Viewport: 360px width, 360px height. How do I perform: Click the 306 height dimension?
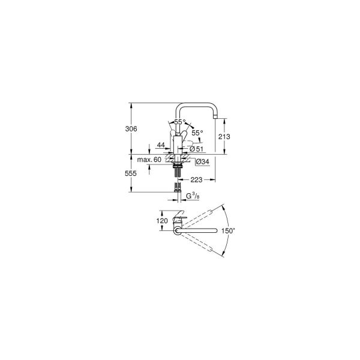tap(131, 129)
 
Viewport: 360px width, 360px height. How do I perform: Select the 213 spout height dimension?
tap(224, 137)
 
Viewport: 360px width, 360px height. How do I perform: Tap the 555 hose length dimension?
tap(131, 173)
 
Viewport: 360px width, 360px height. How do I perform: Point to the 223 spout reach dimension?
tap(196, 179)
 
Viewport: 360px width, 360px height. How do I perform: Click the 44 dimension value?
tap(161, 145)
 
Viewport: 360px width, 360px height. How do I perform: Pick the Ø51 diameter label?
tap(196, 149)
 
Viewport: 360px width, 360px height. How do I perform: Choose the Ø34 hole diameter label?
tap(203, 162)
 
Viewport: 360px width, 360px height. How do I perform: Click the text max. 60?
tap(149, 160)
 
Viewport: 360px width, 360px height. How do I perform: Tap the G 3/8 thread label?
tap(192, 196)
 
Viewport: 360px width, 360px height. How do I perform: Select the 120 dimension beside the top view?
tap(162, 221)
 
